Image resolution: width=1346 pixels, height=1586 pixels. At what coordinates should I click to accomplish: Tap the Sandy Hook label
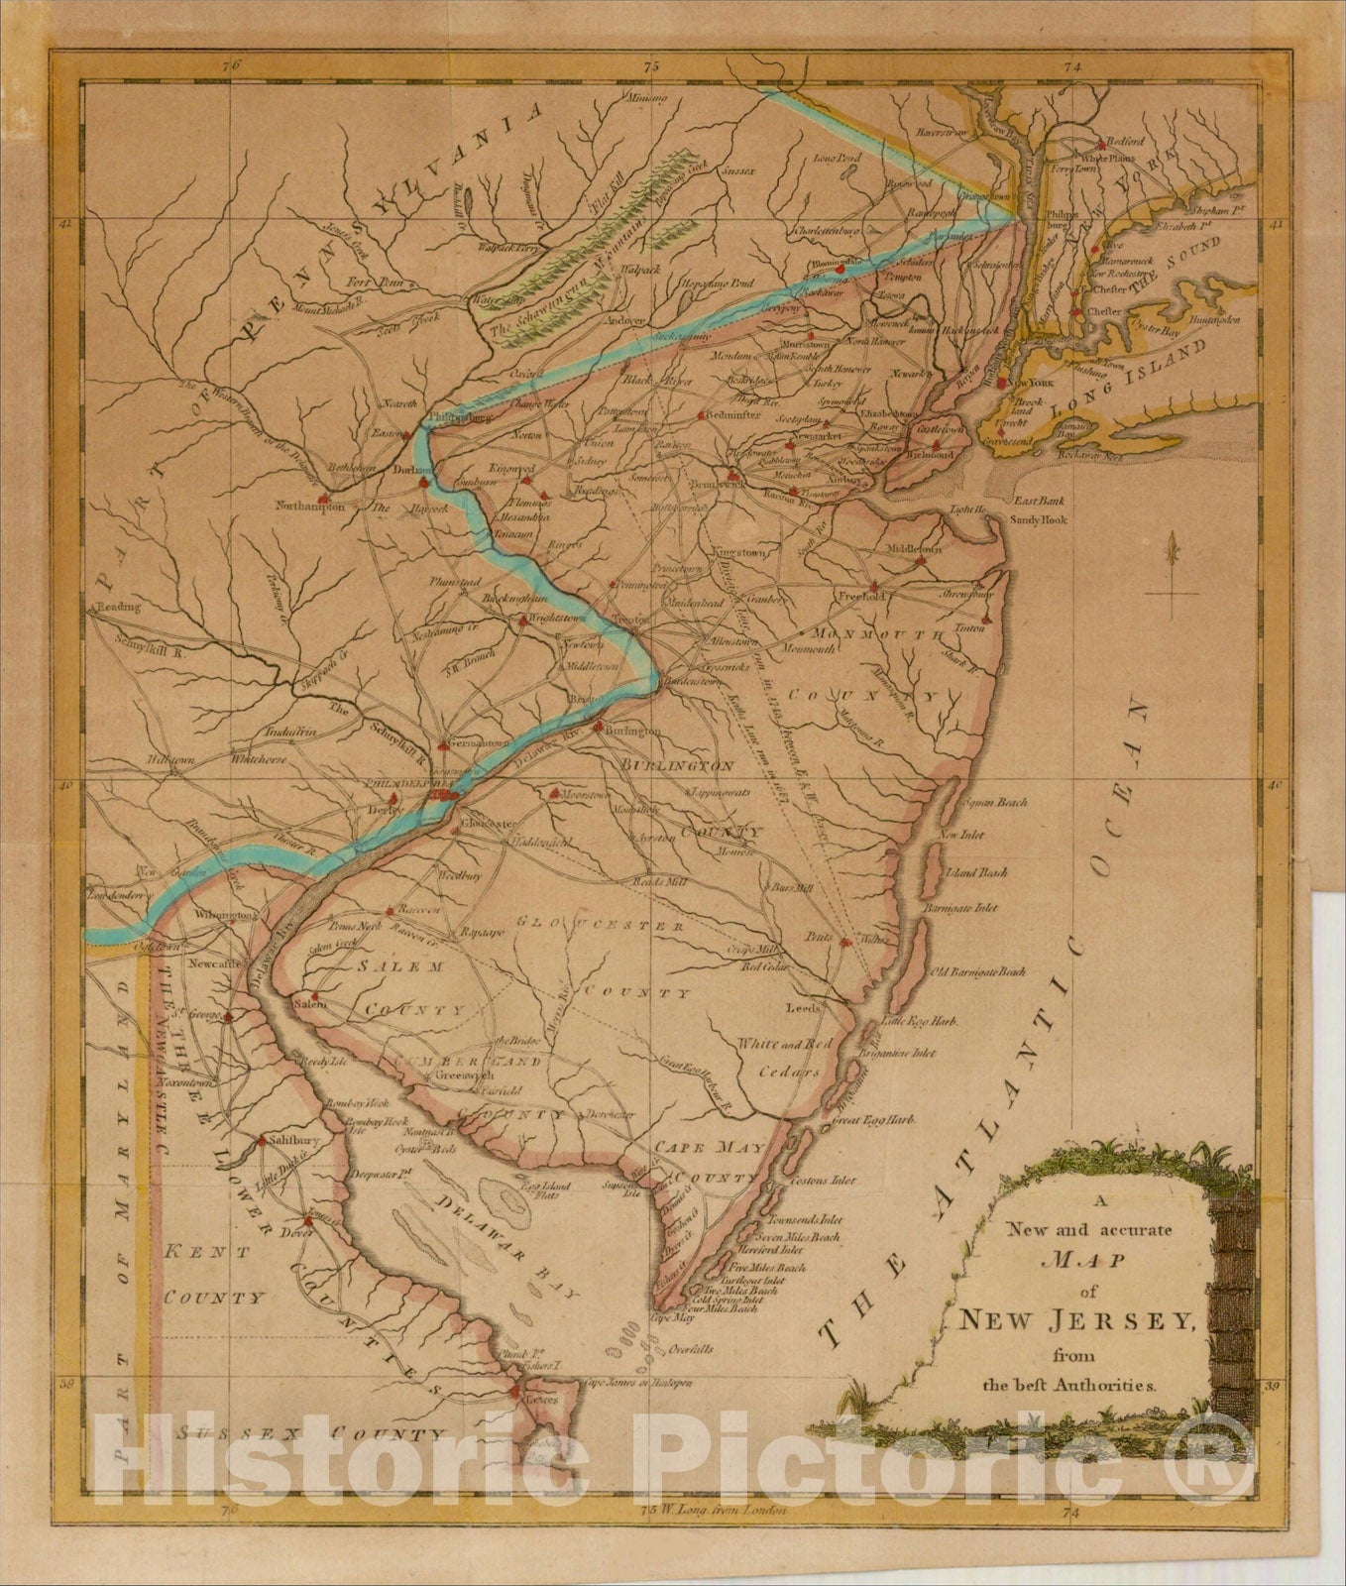1039,518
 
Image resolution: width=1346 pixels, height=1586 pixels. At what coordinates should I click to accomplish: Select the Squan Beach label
994,802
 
